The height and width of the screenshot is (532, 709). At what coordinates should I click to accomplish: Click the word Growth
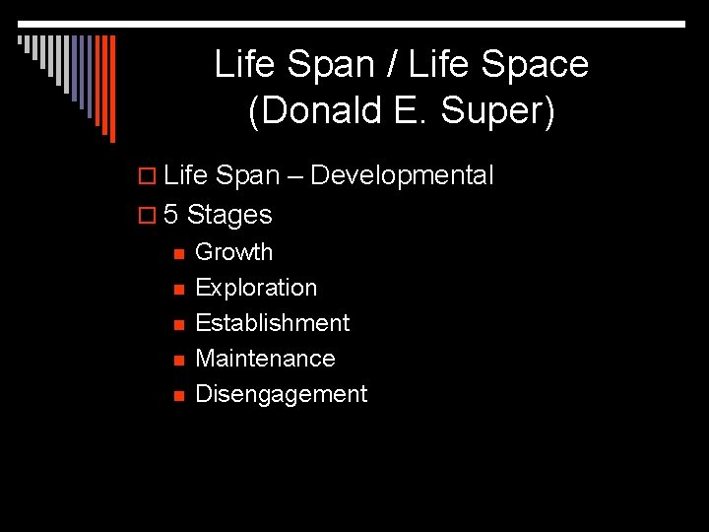[x=233, y=252]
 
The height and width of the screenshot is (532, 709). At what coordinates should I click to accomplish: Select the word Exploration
[x=256, y=288]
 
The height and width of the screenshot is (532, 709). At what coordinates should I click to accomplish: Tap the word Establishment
[x=272, y=323]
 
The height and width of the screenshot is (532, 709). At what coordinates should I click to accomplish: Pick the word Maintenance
[x=265, y=359]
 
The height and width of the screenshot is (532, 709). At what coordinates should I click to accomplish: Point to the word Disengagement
[x=281, y=394]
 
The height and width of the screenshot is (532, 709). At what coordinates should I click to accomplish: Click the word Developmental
[x=402, y=176]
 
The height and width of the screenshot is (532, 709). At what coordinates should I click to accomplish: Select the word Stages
[x=229, y=214]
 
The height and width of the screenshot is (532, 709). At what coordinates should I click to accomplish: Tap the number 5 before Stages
[x=170, y=214]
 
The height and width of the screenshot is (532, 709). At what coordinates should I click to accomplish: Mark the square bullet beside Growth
[x=178, y=253]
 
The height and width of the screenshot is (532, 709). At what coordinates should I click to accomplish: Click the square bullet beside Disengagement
[x=178, y=395]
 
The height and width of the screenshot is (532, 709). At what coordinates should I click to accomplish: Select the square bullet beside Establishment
[x=178, y=324]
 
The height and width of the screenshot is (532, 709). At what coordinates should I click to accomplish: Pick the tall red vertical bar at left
[x=111, y=89]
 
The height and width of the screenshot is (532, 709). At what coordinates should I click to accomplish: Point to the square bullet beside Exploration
[x=178, y=289]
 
